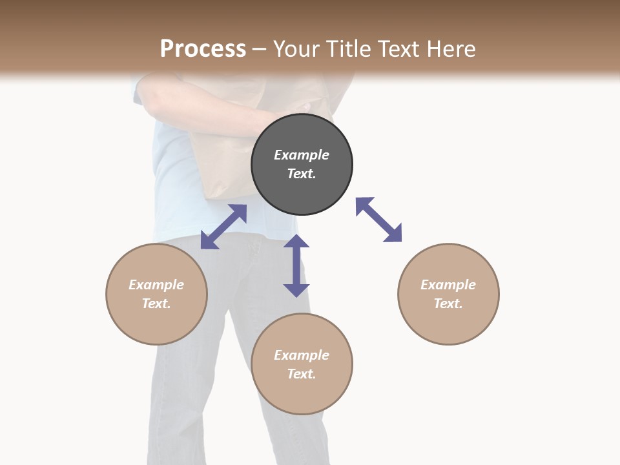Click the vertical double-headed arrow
pyautogui.click(x=296, y=265)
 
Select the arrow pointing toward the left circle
pyautogui.click(x=223, y=227)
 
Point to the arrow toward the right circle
pyautogui.click(x=378, y=220)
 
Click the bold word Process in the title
pyautogui.click(x=203, y=48)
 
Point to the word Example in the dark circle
pyautogui.click(x=302, y=155)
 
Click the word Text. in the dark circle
pyautogui.click(x=302, y=174)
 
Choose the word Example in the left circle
pyautogui.click(x=156, y=285)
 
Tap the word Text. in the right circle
pyautogui.click(x=448, y=304)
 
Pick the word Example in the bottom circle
pyautogui.click(x=302, y=355)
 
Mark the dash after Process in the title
pyautogui.click(x=260, y=49)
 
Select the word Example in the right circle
pyautogui.click(x=448, y=285)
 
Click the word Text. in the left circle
pyautogui.click(x=156, y=304)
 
